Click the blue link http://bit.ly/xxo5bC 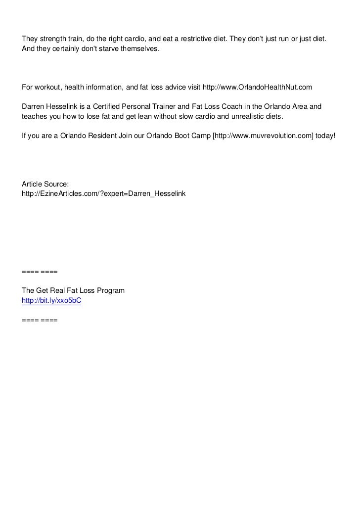point(51,300)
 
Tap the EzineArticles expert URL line point(104,192)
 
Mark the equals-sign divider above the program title point(40,272)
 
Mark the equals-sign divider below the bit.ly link point(40,320)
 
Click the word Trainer point(169,106)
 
